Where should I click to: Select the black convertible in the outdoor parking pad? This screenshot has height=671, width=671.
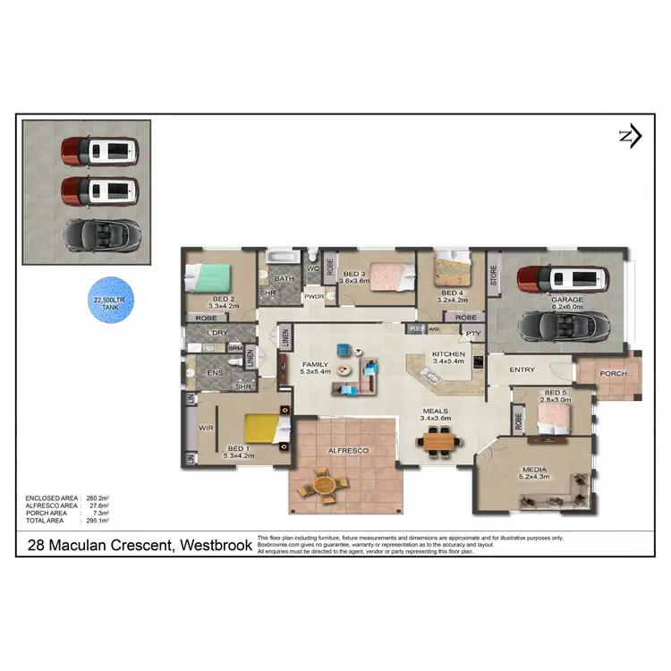(x=100, y=234)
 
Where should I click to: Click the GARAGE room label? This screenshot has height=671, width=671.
(x=566, y=301)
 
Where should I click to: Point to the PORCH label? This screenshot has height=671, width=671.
(x=613, y=374)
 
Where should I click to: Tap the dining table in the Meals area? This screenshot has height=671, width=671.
(x=439, y=439)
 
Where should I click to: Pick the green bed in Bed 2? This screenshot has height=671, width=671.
(x=216, y=276)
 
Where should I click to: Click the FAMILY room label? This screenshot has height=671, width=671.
(x=314, y=365)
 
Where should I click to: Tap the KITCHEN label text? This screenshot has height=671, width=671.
(x=448, y=354)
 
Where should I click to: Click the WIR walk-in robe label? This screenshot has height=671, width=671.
(x=204, y=429)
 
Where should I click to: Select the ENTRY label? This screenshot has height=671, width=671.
(x=522, y=369)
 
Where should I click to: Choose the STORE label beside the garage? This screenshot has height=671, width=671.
(x=493, y=275)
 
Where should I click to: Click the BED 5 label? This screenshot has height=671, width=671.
(x=555, y=393)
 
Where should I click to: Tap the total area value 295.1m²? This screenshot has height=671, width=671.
(x=97, y=520)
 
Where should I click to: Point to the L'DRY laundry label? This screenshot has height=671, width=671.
(x=217, y=333)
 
